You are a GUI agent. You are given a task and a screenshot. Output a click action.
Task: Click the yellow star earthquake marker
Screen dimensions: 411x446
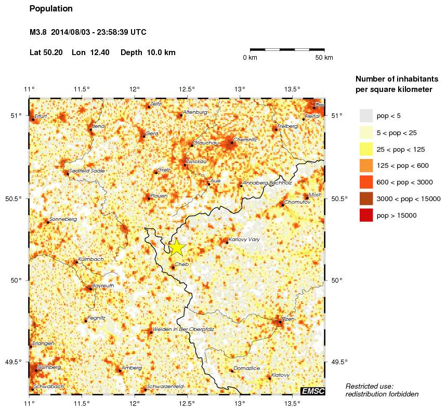coord(177,247)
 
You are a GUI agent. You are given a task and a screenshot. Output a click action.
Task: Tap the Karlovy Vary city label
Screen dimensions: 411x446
coord(244,240)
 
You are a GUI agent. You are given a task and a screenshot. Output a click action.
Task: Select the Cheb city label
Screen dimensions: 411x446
coord(181,264)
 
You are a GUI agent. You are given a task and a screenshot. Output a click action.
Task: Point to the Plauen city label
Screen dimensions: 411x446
coord(159,195)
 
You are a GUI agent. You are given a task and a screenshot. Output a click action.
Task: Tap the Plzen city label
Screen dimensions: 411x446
coord(288,319)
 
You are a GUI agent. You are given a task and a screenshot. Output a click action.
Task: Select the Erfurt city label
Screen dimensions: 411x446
coord(41,116)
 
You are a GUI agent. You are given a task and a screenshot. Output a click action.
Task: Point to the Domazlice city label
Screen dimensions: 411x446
coord(247,368)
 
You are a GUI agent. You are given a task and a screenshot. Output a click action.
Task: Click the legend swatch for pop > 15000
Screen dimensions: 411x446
coord(366,215)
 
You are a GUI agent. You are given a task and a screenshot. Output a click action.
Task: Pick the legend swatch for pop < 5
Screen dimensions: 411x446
coord(366,115)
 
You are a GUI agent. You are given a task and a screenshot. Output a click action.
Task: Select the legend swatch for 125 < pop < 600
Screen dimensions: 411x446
coord(366,165)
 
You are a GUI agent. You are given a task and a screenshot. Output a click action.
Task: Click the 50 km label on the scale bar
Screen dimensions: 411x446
coord(324,57)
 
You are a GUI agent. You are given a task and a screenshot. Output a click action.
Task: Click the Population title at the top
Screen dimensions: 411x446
coord(51,9)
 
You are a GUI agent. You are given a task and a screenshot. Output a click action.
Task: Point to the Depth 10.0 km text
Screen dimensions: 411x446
coord(148,52)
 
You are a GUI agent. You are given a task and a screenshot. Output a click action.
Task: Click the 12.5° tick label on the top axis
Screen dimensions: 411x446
coord(187,89)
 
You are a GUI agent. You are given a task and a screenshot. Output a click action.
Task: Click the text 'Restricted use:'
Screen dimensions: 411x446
coord(370,386)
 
